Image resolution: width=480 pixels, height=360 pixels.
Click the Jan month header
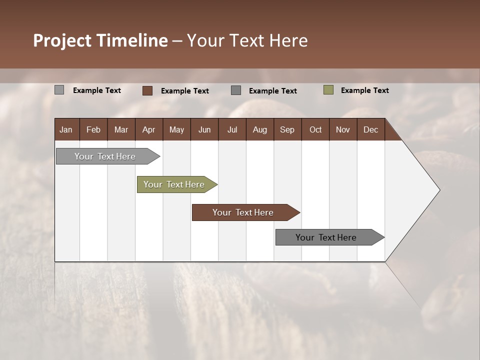(66, 129)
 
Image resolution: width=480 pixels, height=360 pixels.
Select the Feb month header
(93, 129)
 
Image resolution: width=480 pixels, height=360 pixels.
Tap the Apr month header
(148, 129)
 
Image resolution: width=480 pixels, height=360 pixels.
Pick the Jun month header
(204, 129)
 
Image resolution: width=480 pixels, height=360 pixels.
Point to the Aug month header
(259, 129)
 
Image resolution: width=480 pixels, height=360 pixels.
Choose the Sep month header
(287, 129)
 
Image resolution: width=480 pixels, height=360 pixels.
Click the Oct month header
(315, 129)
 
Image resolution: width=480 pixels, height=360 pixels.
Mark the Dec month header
(370, 129)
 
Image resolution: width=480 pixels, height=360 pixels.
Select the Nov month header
(342, 129)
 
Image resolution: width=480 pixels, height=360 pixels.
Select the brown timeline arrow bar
(243, 212)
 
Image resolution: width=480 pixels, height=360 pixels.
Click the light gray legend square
(59, 90)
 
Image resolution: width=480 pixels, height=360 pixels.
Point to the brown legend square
(147, 90)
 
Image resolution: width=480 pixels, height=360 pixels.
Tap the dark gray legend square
(236, 90)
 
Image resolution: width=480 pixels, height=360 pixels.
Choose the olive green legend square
(328, 90)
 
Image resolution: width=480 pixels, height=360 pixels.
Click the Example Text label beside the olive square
(364, 90)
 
